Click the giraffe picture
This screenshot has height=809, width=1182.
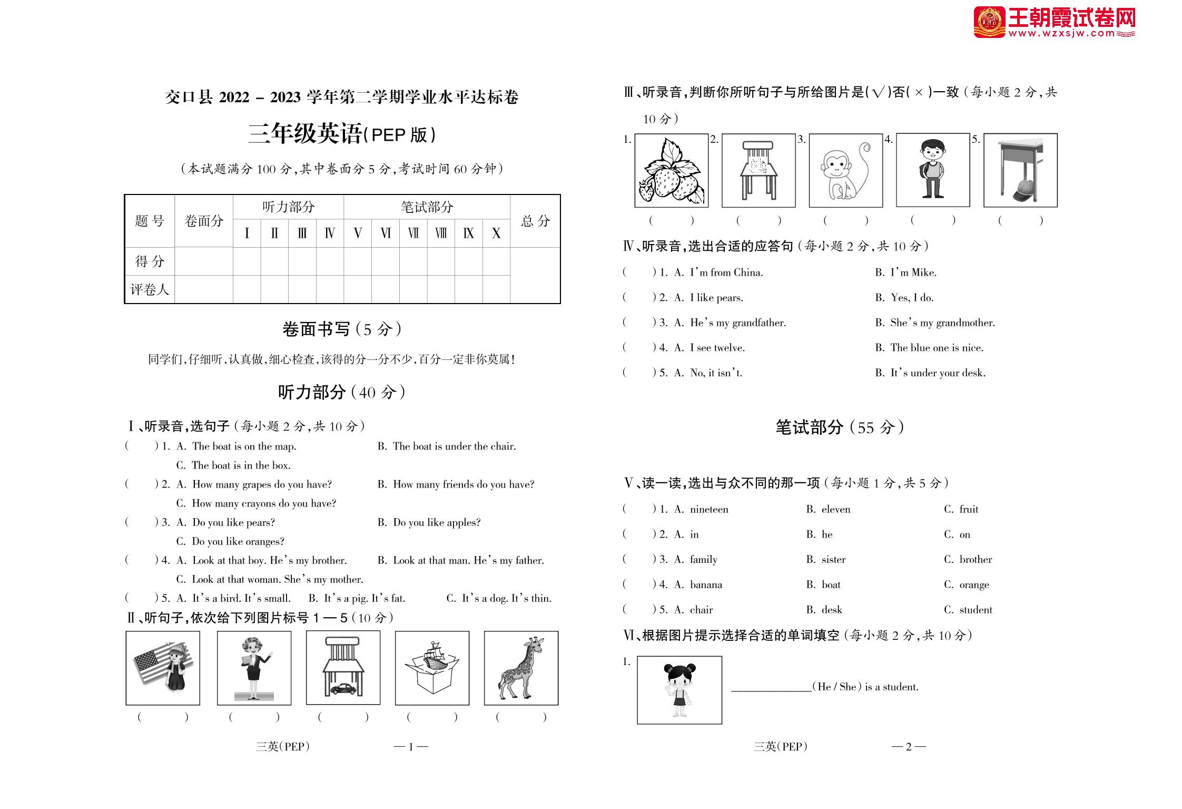click(x=521, y=668)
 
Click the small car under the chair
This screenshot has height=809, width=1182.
click(x=342, y=688)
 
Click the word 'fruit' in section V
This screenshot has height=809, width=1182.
click(x=968, y=509)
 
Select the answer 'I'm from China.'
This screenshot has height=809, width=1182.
click(x=726, y=272)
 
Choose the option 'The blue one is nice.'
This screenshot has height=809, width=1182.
click(x=937, y=348)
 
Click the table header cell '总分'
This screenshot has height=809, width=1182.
click(x=535, y=221)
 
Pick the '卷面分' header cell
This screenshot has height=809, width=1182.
click(x=204, y=221)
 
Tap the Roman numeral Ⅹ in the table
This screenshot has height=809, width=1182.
click(x=496, y=233)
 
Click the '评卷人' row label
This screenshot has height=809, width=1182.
click(x=150, y=289)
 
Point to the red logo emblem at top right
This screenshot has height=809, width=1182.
click(x=989, y=22)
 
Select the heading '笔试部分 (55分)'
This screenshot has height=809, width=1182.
click(x=840, y=427)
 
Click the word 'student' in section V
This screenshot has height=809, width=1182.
click(x=976, y=610)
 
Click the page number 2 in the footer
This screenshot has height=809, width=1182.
click(x=908, y=746)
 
